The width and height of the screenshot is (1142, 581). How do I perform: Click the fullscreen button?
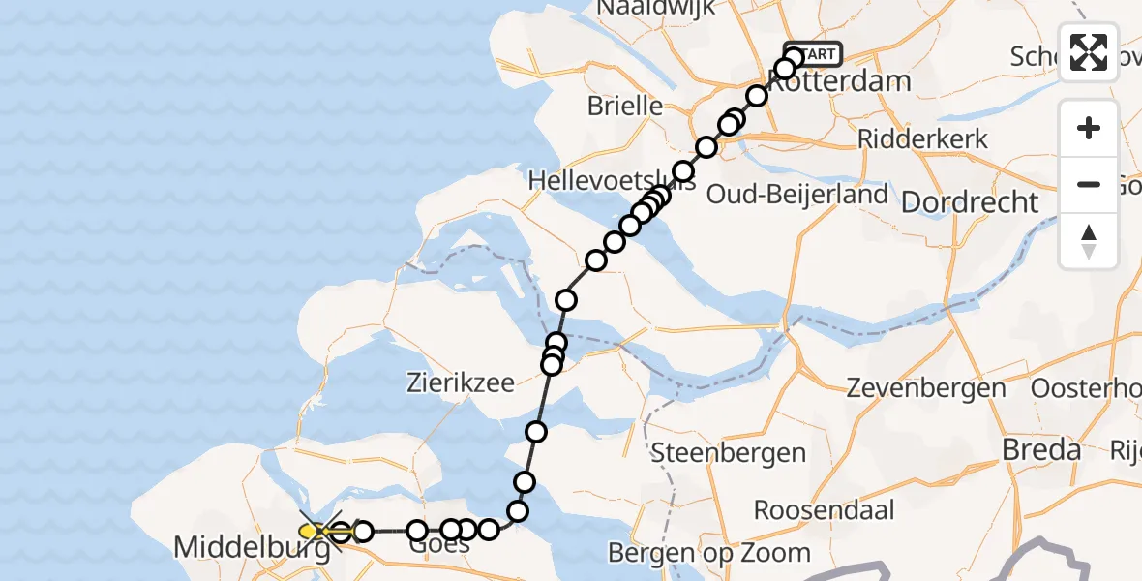click(x=1089, y=52)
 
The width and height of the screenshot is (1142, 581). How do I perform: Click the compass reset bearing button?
click(x=1089, y=241)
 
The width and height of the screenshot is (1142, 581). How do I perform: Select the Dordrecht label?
click(x=970, y=202)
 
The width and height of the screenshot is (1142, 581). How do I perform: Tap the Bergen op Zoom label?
click(x=709, y=553)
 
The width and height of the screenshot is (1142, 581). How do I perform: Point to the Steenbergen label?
click(x=729, y=452)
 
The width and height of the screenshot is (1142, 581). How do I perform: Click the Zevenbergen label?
click(x=926, y=388)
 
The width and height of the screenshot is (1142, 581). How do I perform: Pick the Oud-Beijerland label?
click(x=797, y=194)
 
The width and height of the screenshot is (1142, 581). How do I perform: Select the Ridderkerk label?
click(x=923, y=138)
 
